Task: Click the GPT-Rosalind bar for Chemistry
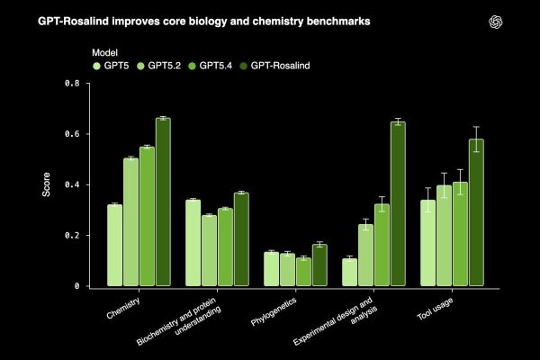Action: pos(163,202)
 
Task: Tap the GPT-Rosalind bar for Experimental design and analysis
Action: pos(398,204)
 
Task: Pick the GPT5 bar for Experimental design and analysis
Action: pos(349,273)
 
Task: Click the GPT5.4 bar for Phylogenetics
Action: pos(303,272)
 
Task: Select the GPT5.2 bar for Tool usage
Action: pos(445,236)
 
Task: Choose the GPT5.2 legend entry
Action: pos(164,65)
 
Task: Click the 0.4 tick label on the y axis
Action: pos(72,184)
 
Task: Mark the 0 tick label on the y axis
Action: pos(76,286)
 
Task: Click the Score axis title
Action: pos(48,184)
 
